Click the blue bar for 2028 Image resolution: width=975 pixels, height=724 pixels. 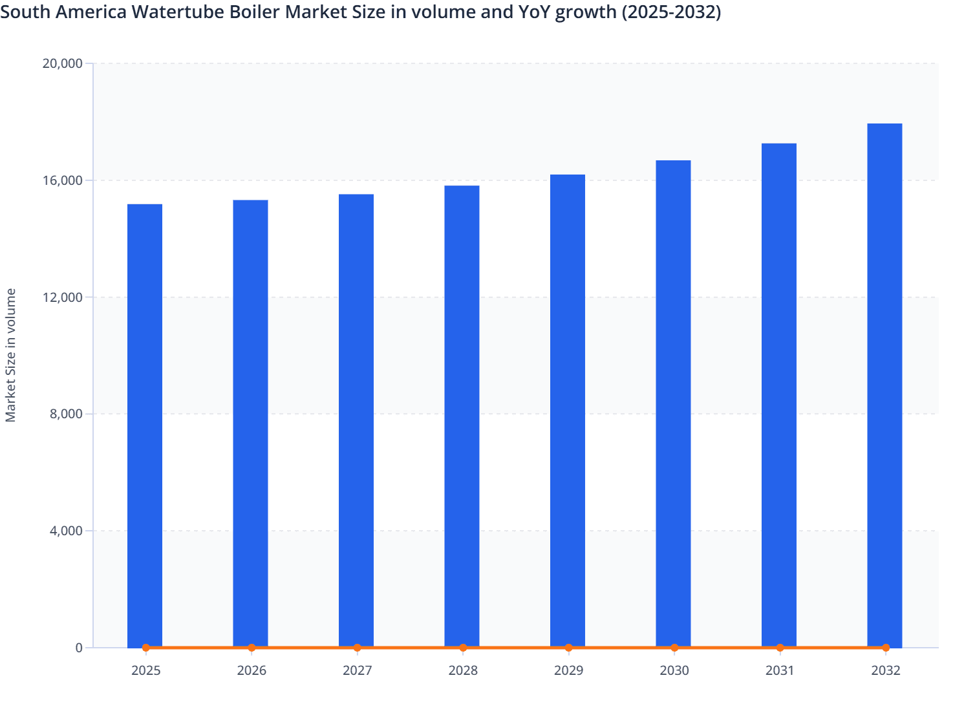tap(462, 416)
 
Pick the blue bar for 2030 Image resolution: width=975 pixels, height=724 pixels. tap(673, 403)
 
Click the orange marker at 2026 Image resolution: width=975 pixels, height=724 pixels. tap(252, 647)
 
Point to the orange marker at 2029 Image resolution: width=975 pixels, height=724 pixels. tap(568, 647)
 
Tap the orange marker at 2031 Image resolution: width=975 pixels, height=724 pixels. tap(780, 647)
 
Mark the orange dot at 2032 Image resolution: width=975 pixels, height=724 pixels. tap(885, 647)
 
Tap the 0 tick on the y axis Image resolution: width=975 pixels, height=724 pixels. tap(79, 648)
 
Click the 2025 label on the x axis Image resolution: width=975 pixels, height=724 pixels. tap(145, 670)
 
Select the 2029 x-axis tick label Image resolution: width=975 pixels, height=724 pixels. tap(568, 670)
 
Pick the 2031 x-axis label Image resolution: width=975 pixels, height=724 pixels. tap(780, 670)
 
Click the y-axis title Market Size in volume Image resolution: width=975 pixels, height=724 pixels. tap(11, 356)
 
